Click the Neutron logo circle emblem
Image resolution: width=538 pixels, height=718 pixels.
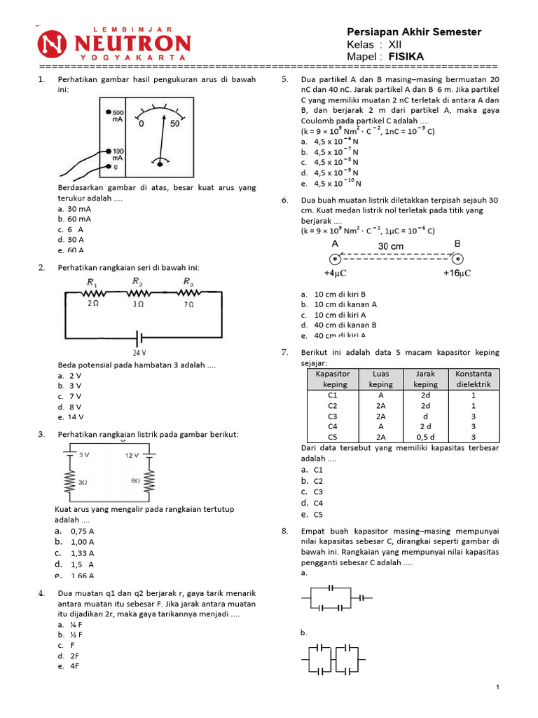pos(55,43)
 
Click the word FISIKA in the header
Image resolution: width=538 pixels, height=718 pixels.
pos(406,56)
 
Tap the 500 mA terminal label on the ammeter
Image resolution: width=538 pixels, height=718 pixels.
pos(117,116)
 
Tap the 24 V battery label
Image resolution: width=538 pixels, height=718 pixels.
pos(139,353)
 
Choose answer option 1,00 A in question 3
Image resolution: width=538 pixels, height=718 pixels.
pos(82,542)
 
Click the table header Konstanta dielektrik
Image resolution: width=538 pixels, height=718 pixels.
pos(474,379)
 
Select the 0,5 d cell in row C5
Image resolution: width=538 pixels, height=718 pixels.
pos(425,435)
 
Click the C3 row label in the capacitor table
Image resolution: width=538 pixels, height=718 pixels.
pos(333,415)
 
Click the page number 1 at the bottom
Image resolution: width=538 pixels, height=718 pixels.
pos(497,688)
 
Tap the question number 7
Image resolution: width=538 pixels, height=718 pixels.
pos(285,352)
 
